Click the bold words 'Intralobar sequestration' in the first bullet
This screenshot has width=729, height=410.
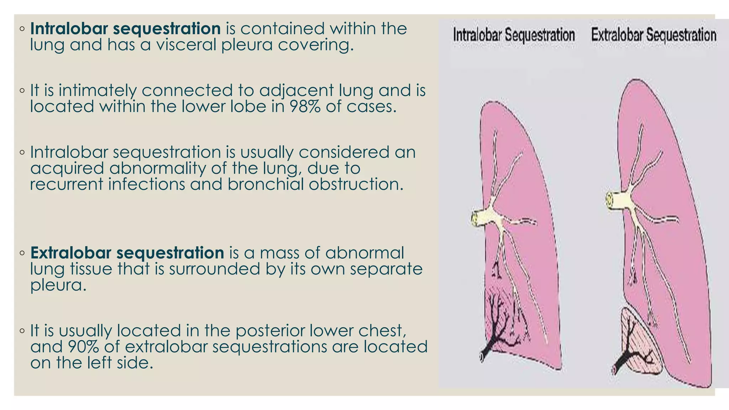(125, 29)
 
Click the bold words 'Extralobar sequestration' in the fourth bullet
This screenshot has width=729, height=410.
(127, 253)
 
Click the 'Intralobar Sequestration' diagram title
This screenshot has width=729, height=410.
(514, 35)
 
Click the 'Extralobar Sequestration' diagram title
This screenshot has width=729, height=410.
(654, 35)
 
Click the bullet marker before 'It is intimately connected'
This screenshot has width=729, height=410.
(22, 91)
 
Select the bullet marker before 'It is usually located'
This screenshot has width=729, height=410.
(22, 331)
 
